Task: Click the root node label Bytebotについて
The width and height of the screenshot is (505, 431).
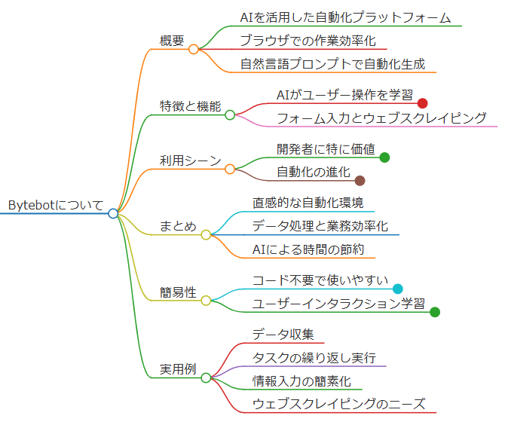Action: pos(55,205)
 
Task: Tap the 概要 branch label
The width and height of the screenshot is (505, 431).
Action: pos(172,41)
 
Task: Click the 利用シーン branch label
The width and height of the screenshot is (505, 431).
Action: pos(190,160)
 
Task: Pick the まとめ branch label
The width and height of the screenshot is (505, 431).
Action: pos(178,226)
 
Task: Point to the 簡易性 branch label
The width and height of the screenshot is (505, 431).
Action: pos(178,292)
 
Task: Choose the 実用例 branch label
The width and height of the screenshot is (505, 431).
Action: pos(178,369)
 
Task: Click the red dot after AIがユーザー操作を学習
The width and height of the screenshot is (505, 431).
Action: pos(422,103)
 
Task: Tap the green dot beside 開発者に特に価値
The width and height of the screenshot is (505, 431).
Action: pos(384,157)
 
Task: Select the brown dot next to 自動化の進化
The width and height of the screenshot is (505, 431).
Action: pos(360,180)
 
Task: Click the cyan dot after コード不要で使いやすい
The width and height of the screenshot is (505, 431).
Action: pos(398,289)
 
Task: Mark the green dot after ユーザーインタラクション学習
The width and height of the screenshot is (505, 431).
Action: pos(435,311)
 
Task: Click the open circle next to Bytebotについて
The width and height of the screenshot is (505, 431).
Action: pos(113,213)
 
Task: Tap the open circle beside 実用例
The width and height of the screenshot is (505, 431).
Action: pos(206,378)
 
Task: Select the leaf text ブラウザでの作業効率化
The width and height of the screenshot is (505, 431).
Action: pos(308,41)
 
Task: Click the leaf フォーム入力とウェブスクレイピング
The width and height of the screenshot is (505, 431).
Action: pos(381,118)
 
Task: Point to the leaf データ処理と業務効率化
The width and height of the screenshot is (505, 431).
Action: pos(320,226)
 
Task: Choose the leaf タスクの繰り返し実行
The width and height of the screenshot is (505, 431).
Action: pos(314,357)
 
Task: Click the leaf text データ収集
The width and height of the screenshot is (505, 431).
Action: pos(283,335)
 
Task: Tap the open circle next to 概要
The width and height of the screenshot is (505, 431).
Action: pos(194,49)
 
